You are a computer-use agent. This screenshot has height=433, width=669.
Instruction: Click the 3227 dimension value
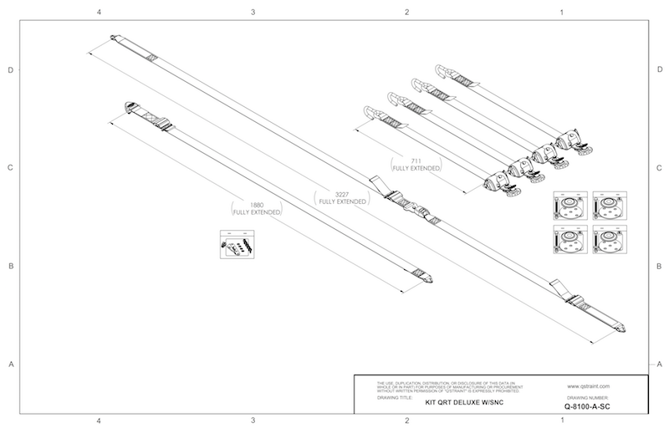point(340,194)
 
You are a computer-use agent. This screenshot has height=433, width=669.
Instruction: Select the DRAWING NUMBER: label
point(585,398)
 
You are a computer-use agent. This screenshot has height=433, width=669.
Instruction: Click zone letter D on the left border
point(10,69)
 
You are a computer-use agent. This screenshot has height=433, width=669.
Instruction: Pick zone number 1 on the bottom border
point(560,420)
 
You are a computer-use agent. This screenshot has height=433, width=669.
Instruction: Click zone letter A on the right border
point(659,364)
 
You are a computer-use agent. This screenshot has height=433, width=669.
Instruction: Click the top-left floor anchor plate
point(569,206)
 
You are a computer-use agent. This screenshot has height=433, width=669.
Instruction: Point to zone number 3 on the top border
point(253,13)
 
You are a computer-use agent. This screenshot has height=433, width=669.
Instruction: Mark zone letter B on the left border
point(10,266)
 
